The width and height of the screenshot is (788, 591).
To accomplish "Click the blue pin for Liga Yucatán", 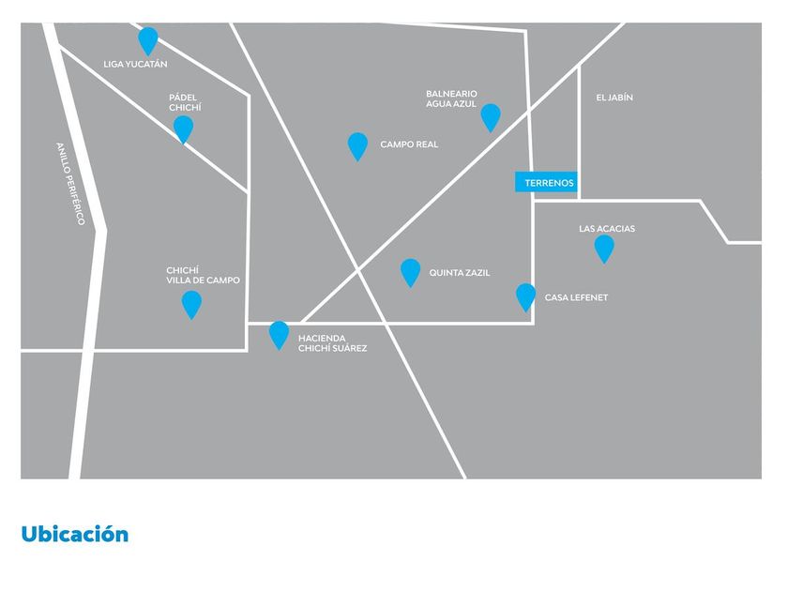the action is (148, 40).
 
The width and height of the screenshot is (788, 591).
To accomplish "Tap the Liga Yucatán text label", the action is (135, 65).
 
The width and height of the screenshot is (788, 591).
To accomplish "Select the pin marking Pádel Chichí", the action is (184, 129).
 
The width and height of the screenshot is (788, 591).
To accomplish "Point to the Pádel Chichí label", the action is (185, 102).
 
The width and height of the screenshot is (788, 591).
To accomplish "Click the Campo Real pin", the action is (357, 145).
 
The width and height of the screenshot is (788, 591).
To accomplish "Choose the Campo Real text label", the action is (409, 144).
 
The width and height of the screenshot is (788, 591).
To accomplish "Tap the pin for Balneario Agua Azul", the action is (491, 117).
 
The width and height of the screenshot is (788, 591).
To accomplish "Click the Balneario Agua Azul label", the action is (451, 99).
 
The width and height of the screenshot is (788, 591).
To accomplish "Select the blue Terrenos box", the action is (546, 182).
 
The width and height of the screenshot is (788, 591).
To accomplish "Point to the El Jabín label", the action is (614, 98).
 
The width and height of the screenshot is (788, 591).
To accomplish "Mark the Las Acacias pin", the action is (604, 249).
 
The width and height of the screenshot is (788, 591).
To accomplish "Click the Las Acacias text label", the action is (607, 229).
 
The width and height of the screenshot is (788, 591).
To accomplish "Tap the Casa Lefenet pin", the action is (525, 296).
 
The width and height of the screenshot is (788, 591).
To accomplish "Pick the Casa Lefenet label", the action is (576, 297).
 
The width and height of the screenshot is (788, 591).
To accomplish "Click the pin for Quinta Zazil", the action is (411, 272).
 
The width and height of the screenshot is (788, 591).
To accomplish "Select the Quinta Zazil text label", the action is (460, 273).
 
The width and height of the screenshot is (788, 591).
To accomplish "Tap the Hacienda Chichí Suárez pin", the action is (279, 335).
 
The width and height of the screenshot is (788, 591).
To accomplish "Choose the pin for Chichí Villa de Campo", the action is (191, 304).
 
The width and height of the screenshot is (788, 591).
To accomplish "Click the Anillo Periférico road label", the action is (70, 184).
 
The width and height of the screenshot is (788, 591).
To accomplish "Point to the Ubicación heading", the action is (75, 534).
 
